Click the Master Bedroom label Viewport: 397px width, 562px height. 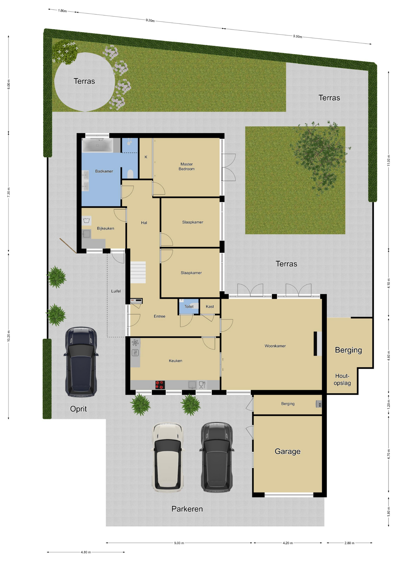(x=187, y=167)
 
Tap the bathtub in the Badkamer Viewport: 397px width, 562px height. (x=97, y=145)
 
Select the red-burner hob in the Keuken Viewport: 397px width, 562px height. (x=160, y=385)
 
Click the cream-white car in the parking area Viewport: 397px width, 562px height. (x=168, y=457)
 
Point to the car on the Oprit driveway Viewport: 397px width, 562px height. (x=81, y=362)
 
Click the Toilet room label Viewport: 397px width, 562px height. (x=189, y=306)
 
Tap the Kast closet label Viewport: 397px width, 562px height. (x=210, y=306)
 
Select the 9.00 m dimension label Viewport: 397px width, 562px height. (x=179, y=543)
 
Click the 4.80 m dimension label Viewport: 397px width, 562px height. (x=86, y=552)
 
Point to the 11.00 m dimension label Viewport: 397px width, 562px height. (x=389, y=160)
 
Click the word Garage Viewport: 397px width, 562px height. (x=287, y=451)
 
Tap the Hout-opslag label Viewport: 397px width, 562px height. (x=342, y=379)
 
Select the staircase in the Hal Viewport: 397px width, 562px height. (x=138, y=272)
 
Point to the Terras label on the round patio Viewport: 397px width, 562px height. (x=84, y=81)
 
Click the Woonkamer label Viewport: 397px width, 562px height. (x=275, y=346)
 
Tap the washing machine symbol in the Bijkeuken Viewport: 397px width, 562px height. (x=87, y=220)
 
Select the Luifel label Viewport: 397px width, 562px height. (x=116, y=291)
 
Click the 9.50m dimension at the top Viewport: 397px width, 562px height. (x=298, y=37)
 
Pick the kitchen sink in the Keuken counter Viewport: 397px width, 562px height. (x=192, y=385)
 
